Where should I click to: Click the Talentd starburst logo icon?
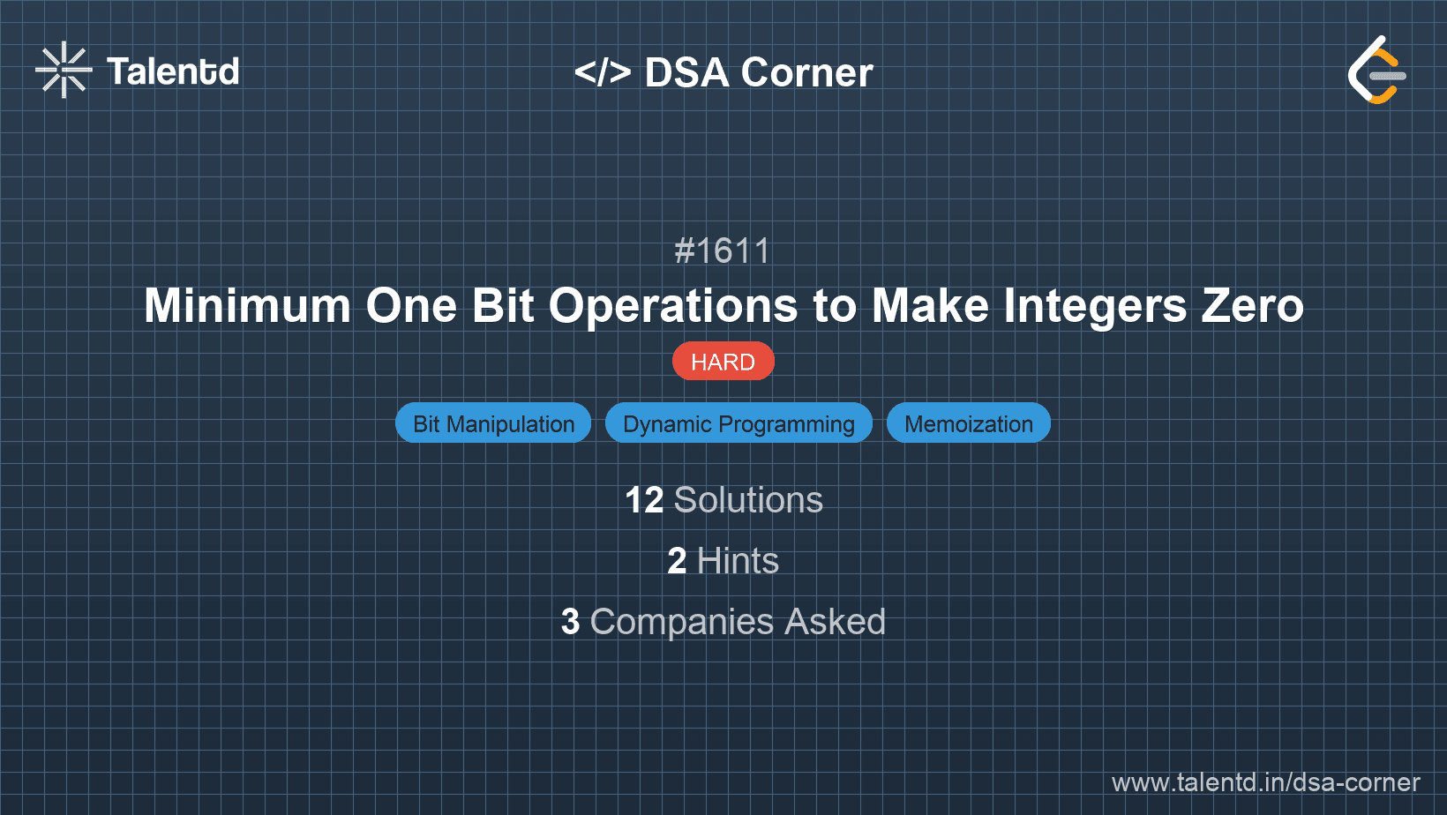coord(64,70)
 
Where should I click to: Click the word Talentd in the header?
coord(173,71)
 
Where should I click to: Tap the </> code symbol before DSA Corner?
coord(603,72)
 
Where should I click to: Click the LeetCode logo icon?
coord(1376,70)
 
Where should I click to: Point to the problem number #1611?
coord(723,251)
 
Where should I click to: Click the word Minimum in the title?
coord(247,306)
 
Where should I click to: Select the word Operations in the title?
coord(673,306)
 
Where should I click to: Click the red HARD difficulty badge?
coord(723,362)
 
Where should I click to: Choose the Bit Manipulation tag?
coord(493,423)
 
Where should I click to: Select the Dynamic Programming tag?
coord(738,423)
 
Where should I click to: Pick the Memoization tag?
coord(968,423)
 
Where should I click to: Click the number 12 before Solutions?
coord(644,500)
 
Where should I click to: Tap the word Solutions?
coord(748,500)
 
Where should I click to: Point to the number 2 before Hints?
coord(677,561)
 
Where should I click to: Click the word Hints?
coord(738,561)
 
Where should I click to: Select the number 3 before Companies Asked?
coord(570,622)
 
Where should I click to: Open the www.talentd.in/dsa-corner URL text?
coord(1265,782)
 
